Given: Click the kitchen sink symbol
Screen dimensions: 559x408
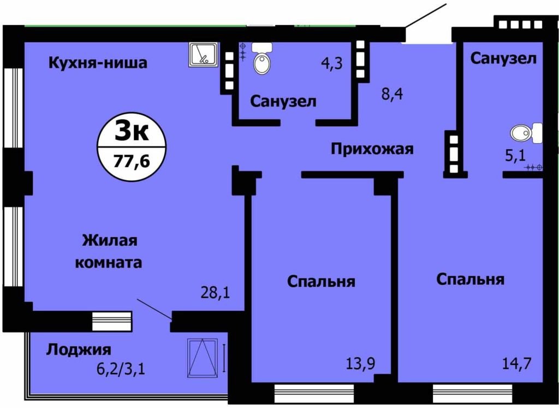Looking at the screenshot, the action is [x=204, y=55].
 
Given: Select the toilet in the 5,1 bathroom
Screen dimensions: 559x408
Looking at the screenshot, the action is [x=526, y=133].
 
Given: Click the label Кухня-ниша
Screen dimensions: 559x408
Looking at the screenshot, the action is [x=98, y=63].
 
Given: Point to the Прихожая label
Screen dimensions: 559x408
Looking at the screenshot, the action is [x=372, y=149].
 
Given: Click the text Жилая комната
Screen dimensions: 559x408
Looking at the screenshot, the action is [x=109, y=251].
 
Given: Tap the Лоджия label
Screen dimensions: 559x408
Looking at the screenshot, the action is [x=79, y=350].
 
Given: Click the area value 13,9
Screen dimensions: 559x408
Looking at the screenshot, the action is [x=360, y=364].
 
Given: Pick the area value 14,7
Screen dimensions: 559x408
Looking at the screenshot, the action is [x=517, y=363].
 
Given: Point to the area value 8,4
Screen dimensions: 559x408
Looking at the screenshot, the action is [x=392, y=94].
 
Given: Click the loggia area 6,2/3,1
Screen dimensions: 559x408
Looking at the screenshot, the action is [x=121, y=369].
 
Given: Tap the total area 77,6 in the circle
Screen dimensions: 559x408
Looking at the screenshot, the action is [x=132, y=162].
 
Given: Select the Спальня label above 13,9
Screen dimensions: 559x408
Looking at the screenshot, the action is [x=321, y=282].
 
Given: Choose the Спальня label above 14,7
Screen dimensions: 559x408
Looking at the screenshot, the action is [x=470, y=279].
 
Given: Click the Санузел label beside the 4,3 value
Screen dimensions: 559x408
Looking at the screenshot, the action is [x=283, y=102].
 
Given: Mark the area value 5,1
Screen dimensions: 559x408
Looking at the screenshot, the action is [x=515, y=156].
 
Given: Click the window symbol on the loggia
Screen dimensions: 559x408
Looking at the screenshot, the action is [x=202, y=358].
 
